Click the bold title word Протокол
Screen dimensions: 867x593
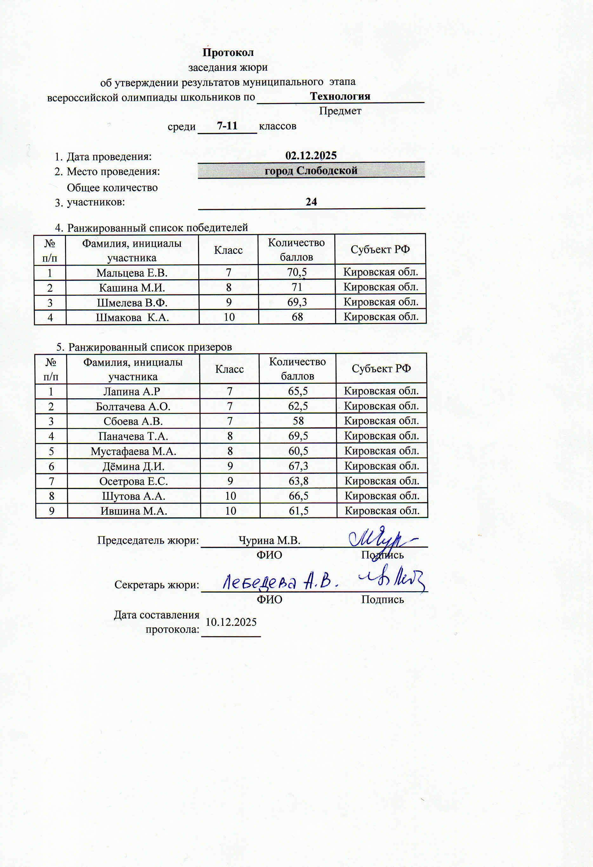point(228,53)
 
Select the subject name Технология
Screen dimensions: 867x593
point(340,96)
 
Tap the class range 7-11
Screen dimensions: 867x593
point(227,126)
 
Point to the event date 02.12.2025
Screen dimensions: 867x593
point(311,156)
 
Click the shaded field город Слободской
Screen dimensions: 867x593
point(311,170)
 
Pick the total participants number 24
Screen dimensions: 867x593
point(311,202)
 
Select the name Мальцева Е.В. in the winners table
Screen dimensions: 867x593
point(132,273)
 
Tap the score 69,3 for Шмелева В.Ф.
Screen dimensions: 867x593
point(297,302)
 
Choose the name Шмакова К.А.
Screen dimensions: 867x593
point(132,317)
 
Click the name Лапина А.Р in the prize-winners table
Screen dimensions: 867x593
point(132,391)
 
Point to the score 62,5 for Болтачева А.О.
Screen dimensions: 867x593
point(298,406)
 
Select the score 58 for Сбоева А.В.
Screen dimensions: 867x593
point(298,421)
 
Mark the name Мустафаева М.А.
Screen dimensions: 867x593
point(133,451)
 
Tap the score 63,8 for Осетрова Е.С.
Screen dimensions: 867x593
point(298,481)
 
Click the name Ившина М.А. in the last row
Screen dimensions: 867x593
point(134,511)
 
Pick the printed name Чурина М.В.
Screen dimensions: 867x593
point(269,540)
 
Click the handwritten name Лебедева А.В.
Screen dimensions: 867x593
point(280,582)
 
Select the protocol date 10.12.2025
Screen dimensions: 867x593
point(231,622)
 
